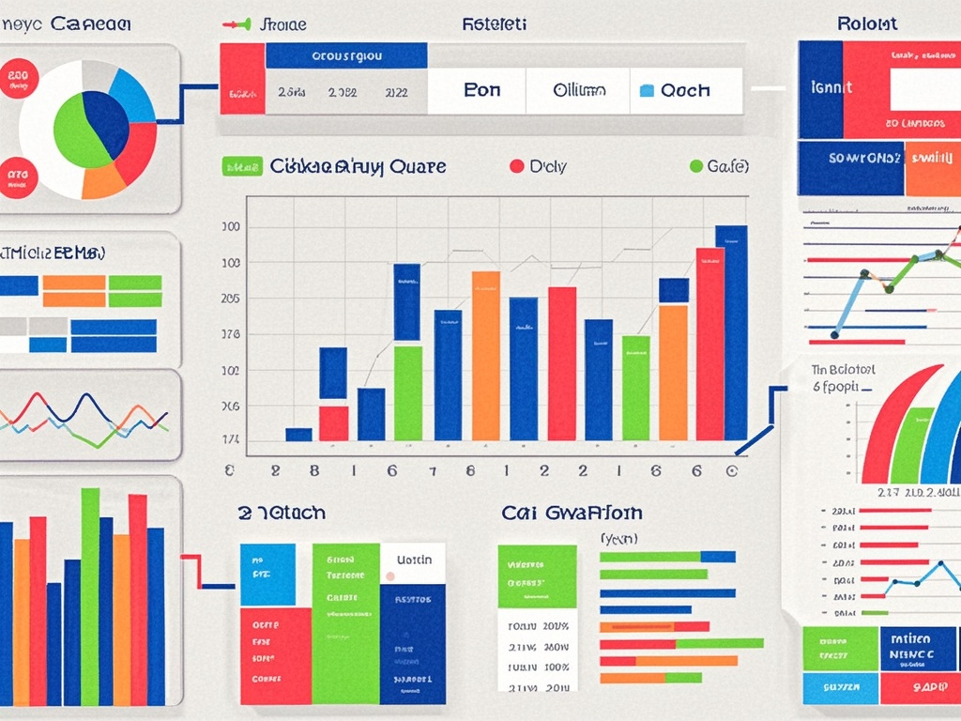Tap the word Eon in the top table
point(482,91)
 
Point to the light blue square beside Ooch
point(645,91)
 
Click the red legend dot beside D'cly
point(516,166)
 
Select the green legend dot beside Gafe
point(695,166)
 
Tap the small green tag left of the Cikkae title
point(241,167)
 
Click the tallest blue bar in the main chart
point(731,332)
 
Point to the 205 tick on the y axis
point(230,299)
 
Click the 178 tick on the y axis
point(230,334)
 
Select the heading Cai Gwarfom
point(572,513)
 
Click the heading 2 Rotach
point(282,513)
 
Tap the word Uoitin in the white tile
point(414,560)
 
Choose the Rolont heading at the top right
point(866,23)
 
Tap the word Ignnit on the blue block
point(831,87)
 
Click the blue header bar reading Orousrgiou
point(345,55)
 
